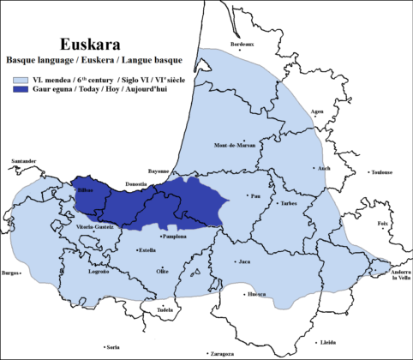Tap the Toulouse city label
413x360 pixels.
[380, 172]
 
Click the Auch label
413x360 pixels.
[324, 168]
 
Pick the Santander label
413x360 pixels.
[23, 160]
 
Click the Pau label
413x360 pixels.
[254, 195]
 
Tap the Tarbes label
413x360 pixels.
[289, 204]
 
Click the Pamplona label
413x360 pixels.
[175, 236]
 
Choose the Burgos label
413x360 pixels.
[12, 273]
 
